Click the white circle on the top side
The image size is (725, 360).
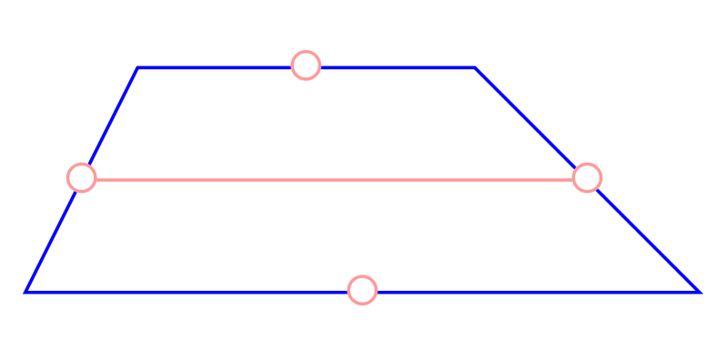click(306, 65)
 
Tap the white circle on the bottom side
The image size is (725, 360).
click(362, 290)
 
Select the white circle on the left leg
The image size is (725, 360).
click(82, 177)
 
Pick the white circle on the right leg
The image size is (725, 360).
click(588, 177)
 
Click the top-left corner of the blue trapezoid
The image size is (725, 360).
click(137, 68)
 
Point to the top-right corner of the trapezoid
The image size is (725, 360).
click(475, 68)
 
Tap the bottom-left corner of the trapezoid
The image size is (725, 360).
click(26, 291)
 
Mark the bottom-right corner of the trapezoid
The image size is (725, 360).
click(698, 291)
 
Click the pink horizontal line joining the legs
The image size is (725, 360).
click(227, 180)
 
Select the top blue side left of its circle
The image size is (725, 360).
click(218, 67)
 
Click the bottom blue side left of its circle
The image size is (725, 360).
click(182, 291)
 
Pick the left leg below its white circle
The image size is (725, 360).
click(53, 237)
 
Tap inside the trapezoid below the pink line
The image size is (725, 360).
click(273, 236)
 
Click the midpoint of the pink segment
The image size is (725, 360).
click(335, 180)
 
